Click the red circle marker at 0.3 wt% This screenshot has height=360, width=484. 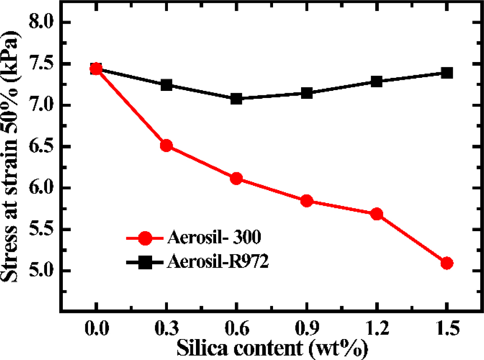coord(166,146)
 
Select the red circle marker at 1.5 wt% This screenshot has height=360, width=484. coord(447,263)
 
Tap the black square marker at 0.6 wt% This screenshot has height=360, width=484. coord(236,99)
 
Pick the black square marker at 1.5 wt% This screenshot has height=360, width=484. coord(447,73)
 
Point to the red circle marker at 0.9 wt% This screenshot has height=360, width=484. coord(307,201)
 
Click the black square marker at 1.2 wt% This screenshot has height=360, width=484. coord(377,82)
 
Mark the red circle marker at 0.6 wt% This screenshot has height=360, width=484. coord(236,179)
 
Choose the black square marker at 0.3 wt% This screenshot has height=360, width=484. coord(166,85)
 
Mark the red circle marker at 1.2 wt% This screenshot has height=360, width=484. coord(377,214)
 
